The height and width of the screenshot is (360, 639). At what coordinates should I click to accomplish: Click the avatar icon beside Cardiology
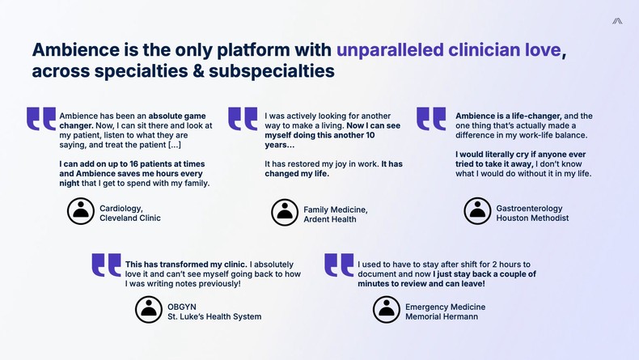pyautogui.click(x=79, y=212)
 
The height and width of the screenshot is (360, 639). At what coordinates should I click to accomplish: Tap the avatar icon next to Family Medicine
pyautogui.click(x=285, y=213)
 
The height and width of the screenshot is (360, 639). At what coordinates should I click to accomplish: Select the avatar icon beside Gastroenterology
pyautogui.click(x=477, y=211)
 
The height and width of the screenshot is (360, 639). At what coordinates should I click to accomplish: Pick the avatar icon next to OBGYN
pyautogui.click(x=148, y=309)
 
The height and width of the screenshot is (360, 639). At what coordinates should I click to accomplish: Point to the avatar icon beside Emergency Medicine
pyautogui.click(x=386, y=309)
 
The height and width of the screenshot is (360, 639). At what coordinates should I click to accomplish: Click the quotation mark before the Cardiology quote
pyautogui.click(x=41, y=118)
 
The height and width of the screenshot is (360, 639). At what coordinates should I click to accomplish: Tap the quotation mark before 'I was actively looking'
pyautogui.click(x=243, y=118)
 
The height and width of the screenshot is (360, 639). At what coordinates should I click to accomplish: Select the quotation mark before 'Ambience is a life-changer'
pyautogui.click(x=431, y=118)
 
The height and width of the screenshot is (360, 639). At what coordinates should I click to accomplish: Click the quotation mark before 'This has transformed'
pyautogui.click(x=106, y=265)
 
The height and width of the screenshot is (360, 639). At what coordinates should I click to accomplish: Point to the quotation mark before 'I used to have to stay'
pyautogui.click(x=339, y=265)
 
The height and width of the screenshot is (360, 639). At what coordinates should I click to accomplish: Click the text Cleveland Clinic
pyautogui.click(x=130, y=218)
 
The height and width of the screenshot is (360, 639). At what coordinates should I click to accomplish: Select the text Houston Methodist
pyautogui.click(x=532, y=218)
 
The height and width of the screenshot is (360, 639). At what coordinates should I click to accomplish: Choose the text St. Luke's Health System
pyautogui.click(x=214, y=316)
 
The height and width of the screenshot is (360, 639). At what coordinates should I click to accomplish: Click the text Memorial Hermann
pyautogui.click(x=442, y=316)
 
